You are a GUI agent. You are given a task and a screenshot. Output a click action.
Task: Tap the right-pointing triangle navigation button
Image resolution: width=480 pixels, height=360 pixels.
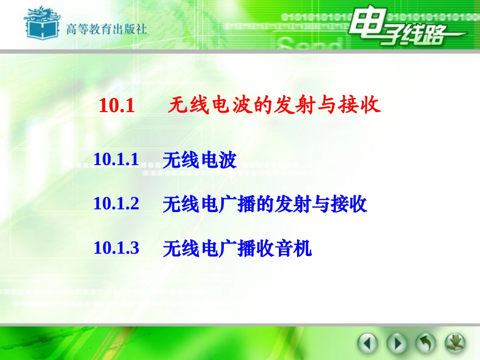pos(397,344)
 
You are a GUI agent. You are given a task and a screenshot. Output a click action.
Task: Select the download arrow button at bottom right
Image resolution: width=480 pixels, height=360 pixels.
pos(455,343)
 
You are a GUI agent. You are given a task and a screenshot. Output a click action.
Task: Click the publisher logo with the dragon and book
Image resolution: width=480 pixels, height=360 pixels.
pos(41,24)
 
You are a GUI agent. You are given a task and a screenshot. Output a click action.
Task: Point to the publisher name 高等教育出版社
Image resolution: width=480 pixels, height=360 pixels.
pos(106,29)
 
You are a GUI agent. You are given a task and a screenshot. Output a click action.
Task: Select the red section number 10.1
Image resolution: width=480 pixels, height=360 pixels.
pos(117,107)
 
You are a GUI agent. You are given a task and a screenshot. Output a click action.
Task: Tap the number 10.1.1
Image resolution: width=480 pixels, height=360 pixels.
pos(116,160)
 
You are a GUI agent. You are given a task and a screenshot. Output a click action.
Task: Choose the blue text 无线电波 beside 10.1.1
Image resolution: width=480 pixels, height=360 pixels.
pos(200,161)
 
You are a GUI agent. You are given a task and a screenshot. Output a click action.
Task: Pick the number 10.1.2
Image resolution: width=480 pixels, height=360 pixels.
pos(116,204)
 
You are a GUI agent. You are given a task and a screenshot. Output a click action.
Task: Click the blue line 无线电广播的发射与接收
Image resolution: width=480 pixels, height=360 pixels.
pos(265,204)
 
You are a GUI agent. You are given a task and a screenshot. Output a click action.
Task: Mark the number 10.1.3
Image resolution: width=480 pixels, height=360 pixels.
pos(116,248)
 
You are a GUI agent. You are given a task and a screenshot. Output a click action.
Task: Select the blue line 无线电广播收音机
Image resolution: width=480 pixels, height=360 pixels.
pos(237,248)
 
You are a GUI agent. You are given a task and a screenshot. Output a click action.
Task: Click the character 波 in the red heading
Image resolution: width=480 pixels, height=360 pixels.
pos(241,106)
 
